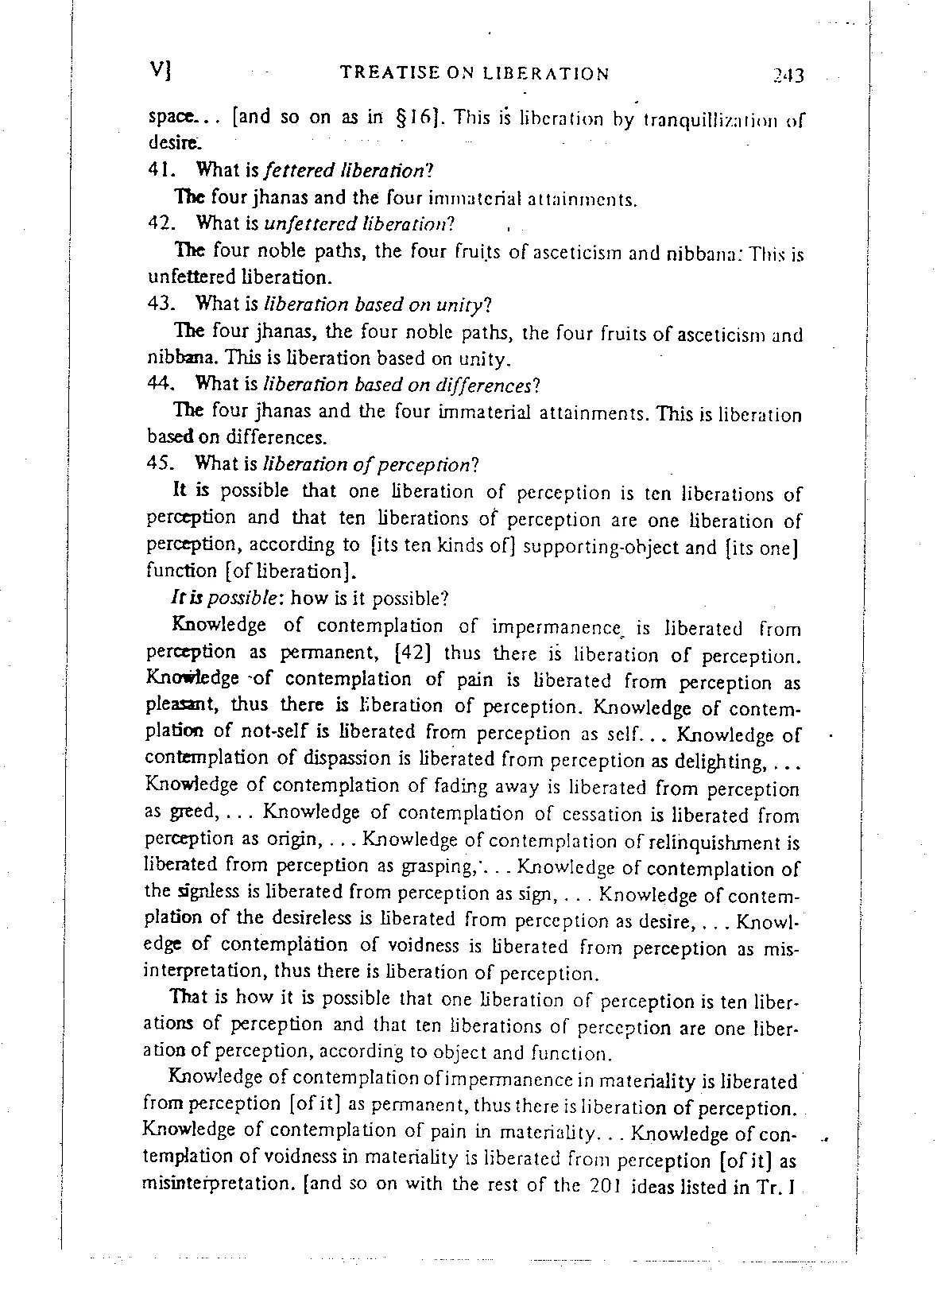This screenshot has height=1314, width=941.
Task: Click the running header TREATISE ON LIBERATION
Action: coord(474,74)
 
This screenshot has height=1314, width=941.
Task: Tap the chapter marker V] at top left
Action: coord(162,71)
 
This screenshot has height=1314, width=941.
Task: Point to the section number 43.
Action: coord(162,304)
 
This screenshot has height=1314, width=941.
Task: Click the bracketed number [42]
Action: coord(412,653)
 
